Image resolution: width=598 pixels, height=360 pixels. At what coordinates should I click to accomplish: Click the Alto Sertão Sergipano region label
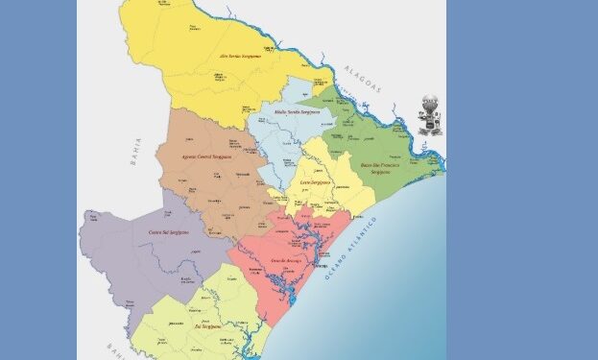click(240, 57)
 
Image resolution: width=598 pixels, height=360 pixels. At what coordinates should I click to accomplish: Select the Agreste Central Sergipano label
click(207, 156)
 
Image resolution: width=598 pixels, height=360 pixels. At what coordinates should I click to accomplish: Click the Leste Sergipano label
click(316, 181)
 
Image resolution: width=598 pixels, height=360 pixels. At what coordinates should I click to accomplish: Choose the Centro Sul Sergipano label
click(169, 232)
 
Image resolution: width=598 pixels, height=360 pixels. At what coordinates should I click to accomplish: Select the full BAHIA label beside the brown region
click(137, 151)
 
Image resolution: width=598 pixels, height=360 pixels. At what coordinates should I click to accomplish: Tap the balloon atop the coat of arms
click(430, 101)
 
